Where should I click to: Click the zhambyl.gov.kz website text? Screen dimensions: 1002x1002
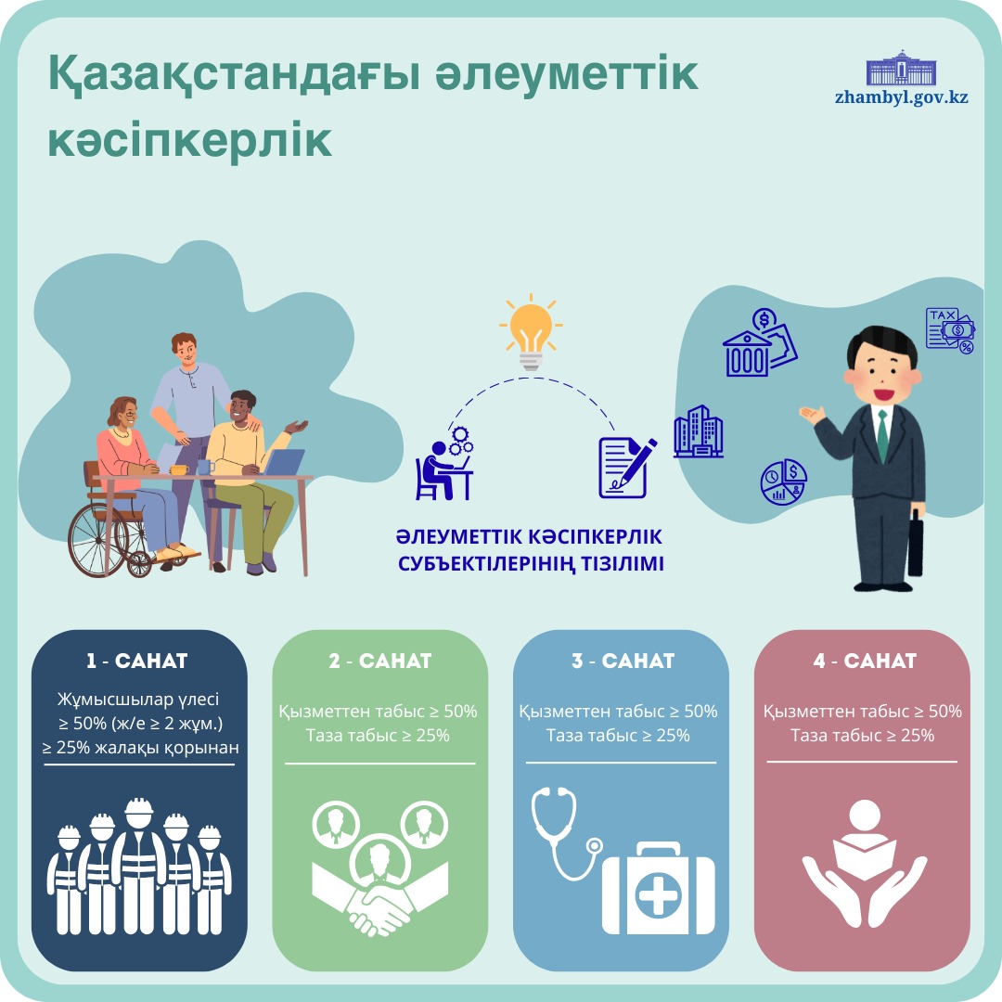[901, 96]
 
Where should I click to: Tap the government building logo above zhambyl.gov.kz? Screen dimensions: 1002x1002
[901, 67]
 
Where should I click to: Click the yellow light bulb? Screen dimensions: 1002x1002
[530, 333]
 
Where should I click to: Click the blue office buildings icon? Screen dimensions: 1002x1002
[698, 431]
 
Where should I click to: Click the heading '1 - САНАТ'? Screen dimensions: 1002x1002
[137, 662]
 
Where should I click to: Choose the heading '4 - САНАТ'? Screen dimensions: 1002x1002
[864, 662]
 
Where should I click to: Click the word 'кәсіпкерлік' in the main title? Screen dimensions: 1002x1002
[189, 140]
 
